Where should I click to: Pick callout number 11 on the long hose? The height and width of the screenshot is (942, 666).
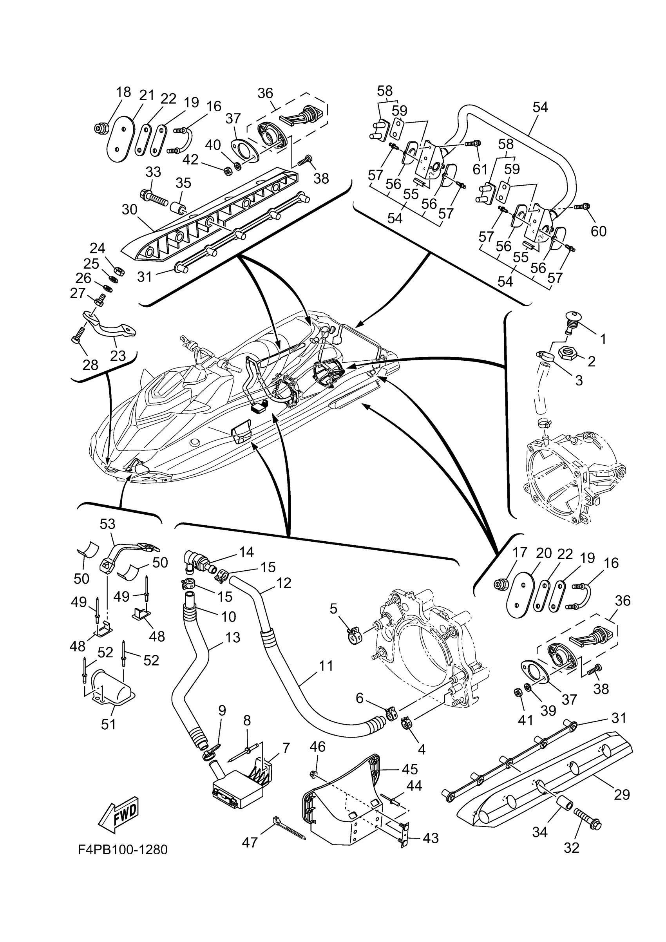coord(326,666)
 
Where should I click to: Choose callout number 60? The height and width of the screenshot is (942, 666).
coord(598,231)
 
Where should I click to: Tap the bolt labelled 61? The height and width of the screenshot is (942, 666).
coord(472,144)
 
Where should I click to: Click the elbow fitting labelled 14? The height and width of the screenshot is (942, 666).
coord(198,559)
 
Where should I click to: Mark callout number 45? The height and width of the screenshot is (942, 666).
coord(409,769)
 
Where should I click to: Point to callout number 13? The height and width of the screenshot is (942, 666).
coord(233,638)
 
